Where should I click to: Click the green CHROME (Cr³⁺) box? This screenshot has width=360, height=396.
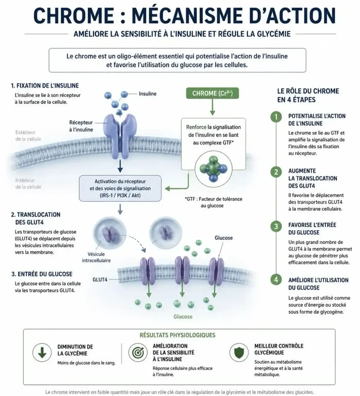(212, 93)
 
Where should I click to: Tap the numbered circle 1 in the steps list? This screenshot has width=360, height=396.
(276, 117)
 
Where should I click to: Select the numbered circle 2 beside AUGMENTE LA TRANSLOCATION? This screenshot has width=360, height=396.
(276, 172)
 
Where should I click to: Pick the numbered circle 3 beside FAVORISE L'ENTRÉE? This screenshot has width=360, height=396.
(276, 226)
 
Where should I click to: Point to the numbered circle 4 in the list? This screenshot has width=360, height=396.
(276, 279)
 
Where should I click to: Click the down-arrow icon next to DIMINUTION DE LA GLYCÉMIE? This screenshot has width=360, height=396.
(42, 353)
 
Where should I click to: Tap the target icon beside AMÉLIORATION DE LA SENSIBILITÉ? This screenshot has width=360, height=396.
(138, 353)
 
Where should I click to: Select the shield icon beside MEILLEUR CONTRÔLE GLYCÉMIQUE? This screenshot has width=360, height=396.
(239, 353)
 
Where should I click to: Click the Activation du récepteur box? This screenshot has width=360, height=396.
(120, 188)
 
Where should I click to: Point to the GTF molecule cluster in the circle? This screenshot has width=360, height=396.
(213, 169)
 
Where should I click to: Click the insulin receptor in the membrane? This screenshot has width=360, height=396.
(120, 136)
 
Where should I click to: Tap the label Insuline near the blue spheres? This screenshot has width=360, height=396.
(148, 94)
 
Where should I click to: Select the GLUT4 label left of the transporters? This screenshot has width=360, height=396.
(100, 279)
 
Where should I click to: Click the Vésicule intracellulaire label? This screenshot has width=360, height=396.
(96, 257)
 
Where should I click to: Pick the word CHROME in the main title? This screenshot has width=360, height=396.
(74, 15)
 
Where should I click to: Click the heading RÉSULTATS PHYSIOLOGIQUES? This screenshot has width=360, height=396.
(178, 335)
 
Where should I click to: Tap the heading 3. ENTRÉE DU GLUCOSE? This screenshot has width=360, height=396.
(42, 274)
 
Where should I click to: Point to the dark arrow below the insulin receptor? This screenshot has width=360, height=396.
(120, 166)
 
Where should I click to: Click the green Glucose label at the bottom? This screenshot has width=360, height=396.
(183, 317)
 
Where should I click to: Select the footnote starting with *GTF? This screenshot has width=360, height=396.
(213, 202)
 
